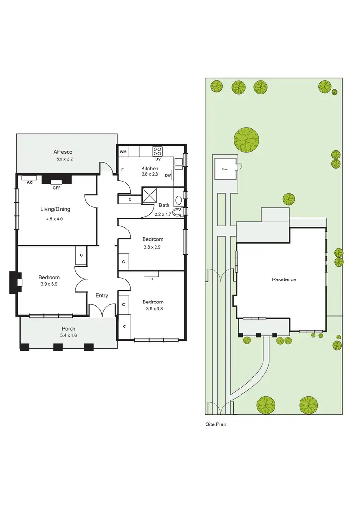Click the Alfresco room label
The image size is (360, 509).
[x=66, y=151]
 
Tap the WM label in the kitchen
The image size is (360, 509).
[x=123, y=152]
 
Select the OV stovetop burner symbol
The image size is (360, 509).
[x=157, y=151]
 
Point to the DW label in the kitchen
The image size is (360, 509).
[x=168, y=175]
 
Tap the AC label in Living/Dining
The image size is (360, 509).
[x=29, y=183]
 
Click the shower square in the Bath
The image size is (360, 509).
[x=149, y=196]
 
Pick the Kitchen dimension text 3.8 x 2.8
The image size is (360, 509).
[x=150, y=175]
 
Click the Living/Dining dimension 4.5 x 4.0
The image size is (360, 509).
[x=54, y=219]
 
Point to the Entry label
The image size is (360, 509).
[x=102, y=295]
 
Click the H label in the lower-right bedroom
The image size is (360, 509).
[x=152, y=279]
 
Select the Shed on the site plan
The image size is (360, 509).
[x=225, y=169]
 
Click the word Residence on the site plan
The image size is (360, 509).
[x=284, y=279]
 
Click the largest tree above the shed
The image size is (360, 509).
[x=246, y=139]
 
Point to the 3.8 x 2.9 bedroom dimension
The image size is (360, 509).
[x=153, y=247]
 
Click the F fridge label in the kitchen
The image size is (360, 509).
[x=123, y=170]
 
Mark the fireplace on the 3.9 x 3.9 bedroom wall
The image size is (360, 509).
[x=15, y=283]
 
